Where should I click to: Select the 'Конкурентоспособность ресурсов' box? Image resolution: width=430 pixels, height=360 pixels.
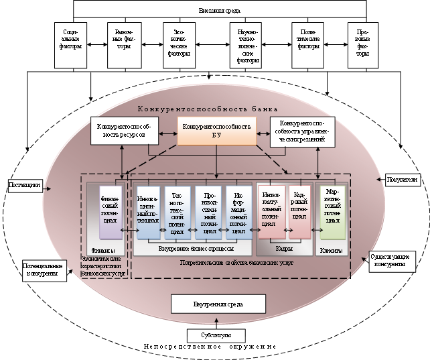click(x=125, y=131)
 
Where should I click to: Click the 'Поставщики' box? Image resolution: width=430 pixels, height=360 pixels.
click(x=25, y=184)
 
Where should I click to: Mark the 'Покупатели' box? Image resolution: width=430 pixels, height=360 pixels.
click(x=403, y=179)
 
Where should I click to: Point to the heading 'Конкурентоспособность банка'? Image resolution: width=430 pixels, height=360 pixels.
click(x=207, y=109)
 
